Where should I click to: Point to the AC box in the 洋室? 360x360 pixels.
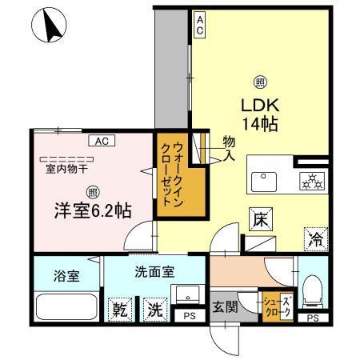point(102,141)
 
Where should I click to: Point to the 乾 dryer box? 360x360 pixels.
point(121,308)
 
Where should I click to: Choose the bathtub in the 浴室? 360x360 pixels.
point(66,307)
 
